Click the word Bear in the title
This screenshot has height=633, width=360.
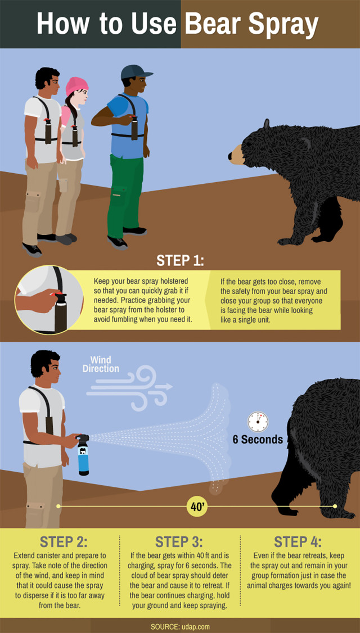(215, 24)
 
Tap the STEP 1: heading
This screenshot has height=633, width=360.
(180, 261)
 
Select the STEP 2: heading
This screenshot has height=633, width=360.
(64, 542)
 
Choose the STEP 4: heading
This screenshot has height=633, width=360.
(298, 542)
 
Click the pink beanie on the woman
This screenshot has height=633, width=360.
(76, 85)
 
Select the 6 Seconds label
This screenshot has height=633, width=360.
(258, 440)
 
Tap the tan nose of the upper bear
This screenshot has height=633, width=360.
(236, 153)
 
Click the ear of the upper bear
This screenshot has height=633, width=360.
(265, 124)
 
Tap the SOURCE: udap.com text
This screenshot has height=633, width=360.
(180, 626)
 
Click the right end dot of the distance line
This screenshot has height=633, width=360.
(335, 507)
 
